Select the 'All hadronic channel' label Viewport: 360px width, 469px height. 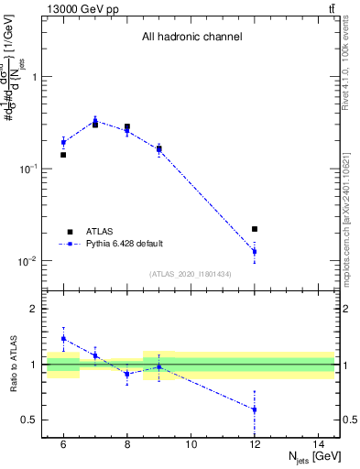(x=191, y=38)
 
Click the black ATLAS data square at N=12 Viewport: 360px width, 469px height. (x=255, y=229)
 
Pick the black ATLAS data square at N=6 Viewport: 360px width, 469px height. (x=63, y=155)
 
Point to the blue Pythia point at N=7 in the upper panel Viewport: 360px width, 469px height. (x=95, y=121)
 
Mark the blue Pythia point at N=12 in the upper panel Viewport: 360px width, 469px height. (x=255, y=251)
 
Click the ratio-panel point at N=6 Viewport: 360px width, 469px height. (x=63, y=338)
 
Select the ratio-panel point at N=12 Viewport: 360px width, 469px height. (x=255, y=409)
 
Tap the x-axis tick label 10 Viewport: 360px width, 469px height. (x=191, y=444)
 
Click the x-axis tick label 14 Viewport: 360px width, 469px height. (x=318, y=444)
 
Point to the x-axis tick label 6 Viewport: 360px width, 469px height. (x=63, y=444)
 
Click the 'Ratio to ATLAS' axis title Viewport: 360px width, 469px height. (x=12, y=365)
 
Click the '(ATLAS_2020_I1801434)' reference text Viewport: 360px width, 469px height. (x=191, y=274)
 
